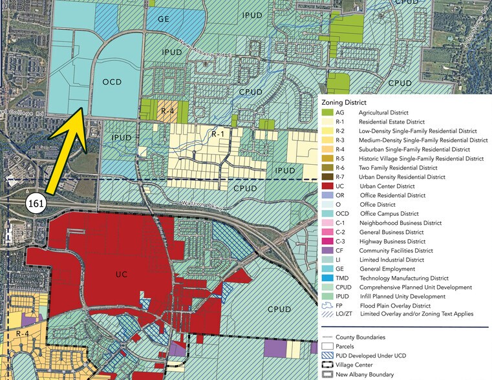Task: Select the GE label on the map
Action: click(163, 19)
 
